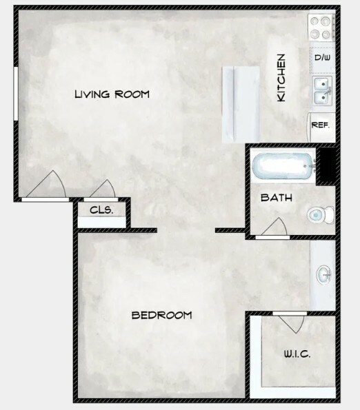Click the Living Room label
(112, 94)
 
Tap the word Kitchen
(281, 78)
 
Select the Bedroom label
(161, 316)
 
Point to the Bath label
(277, 198)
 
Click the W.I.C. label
(297, 354)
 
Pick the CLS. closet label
(101, 210)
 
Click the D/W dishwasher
(322, 57)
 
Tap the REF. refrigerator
(321, 127)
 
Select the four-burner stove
(321, 27)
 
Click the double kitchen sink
(322, 91)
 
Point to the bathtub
(283, 166)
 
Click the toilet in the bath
(321, 215)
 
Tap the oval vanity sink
(324, 274)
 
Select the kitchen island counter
(241, 105)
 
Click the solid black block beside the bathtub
(326, 166)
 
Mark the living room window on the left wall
(16, 94)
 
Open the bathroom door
(274, 228)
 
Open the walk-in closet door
(290, 322)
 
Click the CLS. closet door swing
(102, 189)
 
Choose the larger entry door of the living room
(46, 186)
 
